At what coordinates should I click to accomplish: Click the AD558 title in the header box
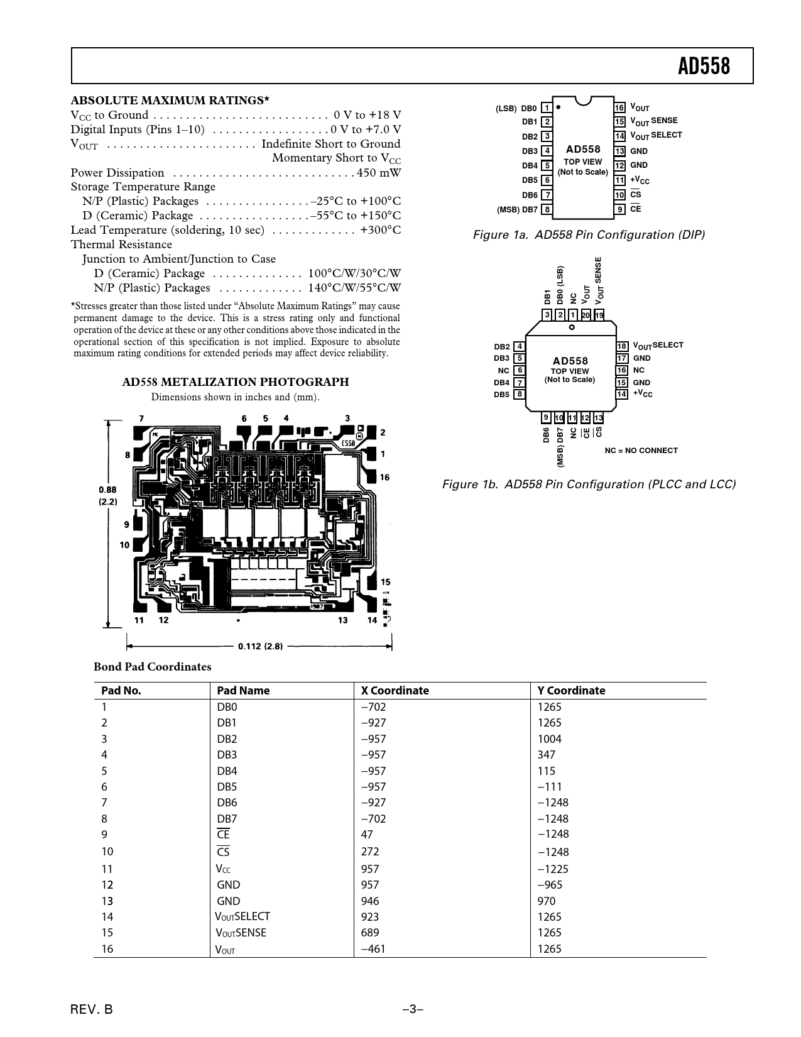704,66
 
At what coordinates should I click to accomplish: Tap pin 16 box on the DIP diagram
619,107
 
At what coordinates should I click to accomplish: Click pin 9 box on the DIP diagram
619,209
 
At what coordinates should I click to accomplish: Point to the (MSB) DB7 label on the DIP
517,210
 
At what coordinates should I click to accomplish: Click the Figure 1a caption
589,235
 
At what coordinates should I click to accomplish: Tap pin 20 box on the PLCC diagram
586,315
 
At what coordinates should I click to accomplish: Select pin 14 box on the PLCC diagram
622,394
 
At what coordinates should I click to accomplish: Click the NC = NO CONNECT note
641,451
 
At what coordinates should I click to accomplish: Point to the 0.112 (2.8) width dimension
260,646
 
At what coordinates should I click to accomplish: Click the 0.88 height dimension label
107,490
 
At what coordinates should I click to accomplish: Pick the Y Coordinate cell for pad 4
547,755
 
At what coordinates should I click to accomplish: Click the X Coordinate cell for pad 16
373,949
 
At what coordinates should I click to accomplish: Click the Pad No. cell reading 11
107,869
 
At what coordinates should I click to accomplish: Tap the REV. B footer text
92,1010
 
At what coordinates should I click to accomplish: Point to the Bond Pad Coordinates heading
152,667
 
